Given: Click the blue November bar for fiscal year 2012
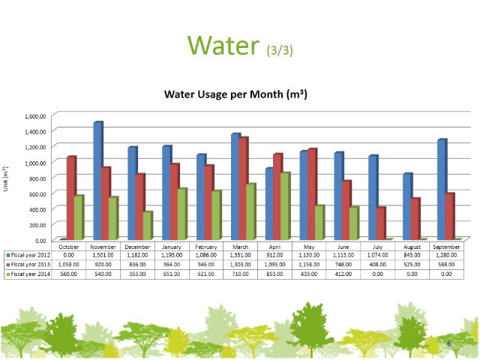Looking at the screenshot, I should (x=97, y=180).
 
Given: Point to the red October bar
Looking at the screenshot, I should (x=70, y=198).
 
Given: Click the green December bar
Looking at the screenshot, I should (x=148, y=225).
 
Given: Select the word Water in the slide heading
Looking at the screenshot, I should (x=224, y=45).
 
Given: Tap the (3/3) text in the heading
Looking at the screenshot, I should (x=280, y=49).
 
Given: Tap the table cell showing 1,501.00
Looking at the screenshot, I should (x=103, y=256).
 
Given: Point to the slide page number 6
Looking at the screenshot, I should (x=448, y=343).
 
